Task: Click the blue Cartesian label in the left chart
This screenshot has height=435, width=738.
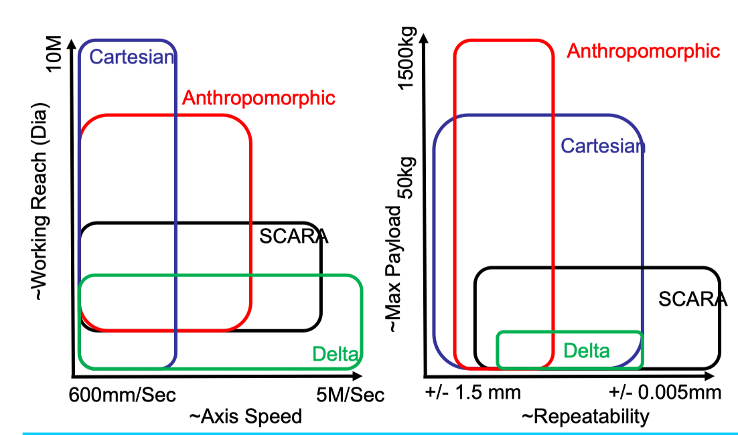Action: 132,57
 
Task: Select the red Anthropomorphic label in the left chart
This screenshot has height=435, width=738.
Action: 259,98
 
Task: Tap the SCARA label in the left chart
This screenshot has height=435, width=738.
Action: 294,236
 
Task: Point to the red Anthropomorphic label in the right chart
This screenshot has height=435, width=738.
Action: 644,51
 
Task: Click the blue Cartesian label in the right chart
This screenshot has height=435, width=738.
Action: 603,146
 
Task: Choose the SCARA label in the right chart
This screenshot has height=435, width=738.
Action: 692,298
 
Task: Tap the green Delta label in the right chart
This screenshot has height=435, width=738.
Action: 587,351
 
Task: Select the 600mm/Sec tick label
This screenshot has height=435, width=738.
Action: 123,395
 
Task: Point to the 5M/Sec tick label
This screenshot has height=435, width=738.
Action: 350,395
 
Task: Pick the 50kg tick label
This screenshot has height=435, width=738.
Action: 407,177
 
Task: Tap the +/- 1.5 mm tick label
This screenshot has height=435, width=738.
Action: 473,392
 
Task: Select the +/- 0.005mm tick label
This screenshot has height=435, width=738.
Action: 666,392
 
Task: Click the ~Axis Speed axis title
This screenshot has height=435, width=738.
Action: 246,417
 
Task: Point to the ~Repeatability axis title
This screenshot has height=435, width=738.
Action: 585,417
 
